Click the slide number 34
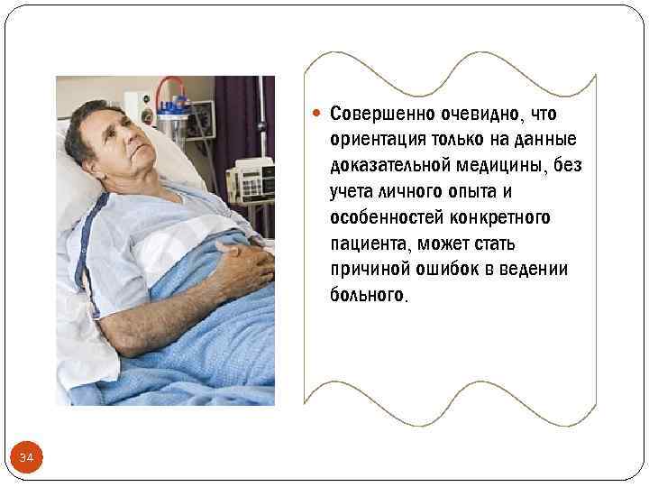point(26,459)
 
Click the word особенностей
point(384,218)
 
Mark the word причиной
point(365,270)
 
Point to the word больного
point(367,296)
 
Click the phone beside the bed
point(251,176)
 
